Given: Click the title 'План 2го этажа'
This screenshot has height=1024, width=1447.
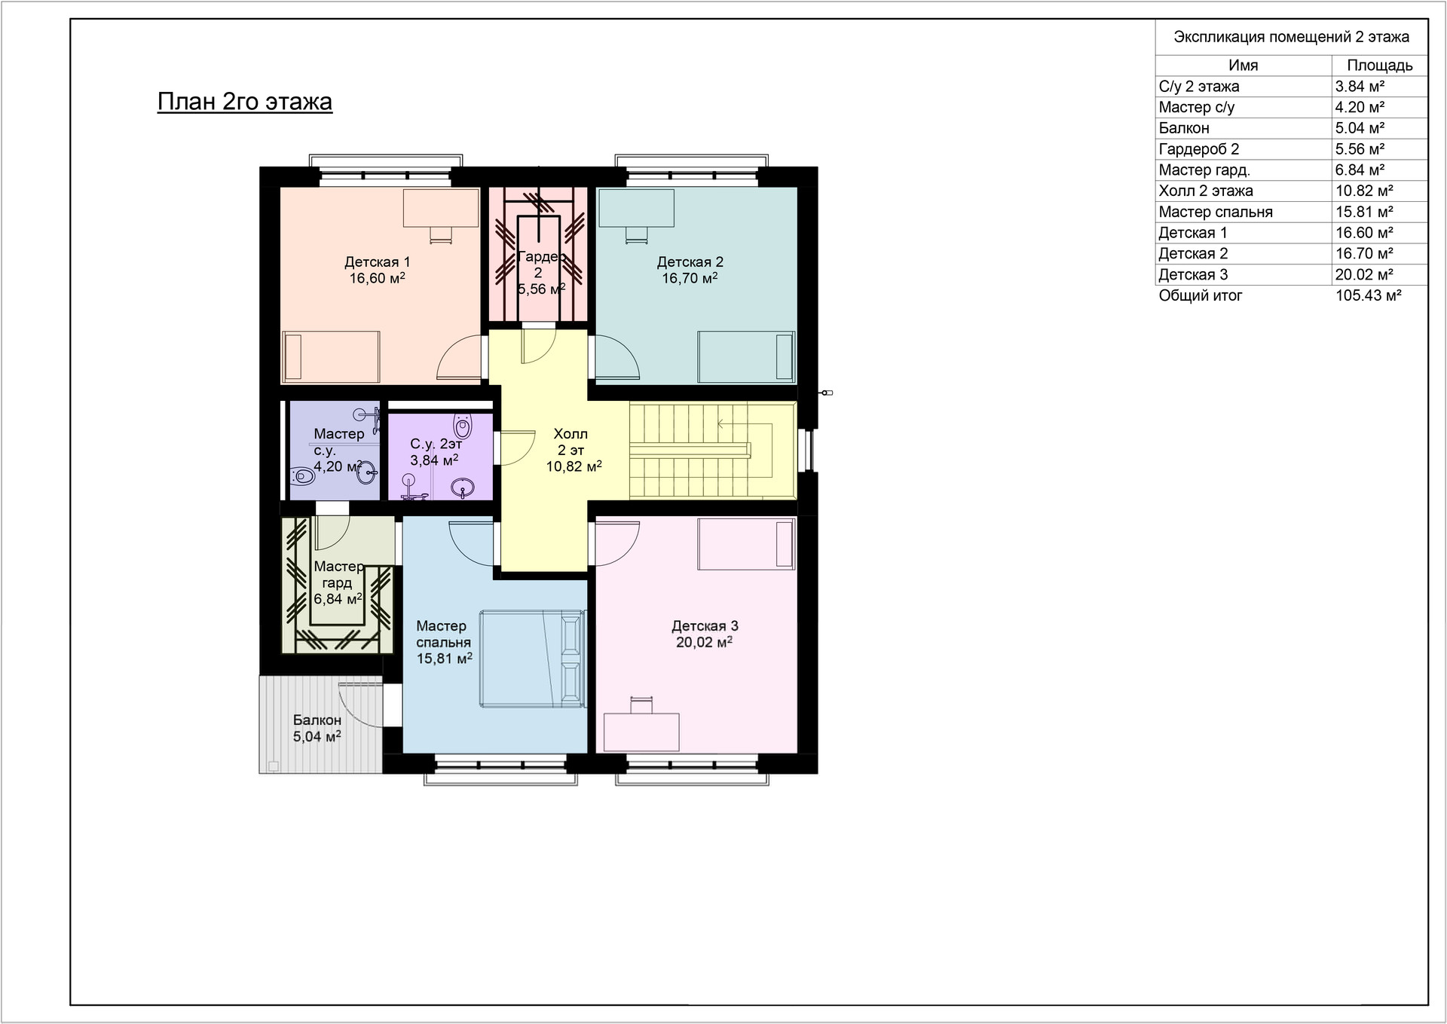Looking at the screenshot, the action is click(x=245, y=102).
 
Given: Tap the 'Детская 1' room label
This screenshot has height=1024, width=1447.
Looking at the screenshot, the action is click(x=377, y=262).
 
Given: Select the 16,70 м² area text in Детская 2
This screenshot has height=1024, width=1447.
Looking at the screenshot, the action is click(x=690, y=278).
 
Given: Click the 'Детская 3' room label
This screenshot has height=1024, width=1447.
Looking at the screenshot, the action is click(x=705, y=626).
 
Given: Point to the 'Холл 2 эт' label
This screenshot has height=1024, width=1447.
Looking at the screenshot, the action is click(x=571, y=442).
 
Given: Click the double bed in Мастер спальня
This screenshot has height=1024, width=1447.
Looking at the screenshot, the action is click(x=532, y=659).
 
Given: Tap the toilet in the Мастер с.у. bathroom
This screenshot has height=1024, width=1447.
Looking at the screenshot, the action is click(x=302, y=476).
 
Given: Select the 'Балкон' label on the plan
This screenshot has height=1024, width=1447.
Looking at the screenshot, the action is click(x=317, y=720).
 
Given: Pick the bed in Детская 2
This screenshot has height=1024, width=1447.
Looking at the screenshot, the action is click(x=746, y=356).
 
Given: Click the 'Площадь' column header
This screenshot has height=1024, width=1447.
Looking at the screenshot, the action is click(x=1380, y=66).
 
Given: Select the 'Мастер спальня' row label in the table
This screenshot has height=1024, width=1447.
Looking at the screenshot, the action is click(x=1216, y=212).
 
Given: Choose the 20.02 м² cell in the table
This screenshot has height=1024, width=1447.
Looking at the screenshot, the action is click(x=1364, y=275).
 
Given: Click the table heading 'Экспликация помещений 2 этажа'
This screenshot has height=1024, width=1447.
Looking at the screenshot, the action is click(x=1292, y=37).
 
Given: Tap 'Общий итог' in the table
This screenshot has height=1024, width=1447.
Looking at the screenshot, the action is click(x=1201, y=296).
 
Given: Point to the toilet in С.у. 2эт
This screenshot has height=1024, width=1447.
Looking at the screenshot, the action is click(x=463, y=426).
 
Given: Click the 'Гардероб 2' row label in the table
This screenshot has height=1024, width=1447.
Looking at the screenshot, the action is click(x=1199, y=150).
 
